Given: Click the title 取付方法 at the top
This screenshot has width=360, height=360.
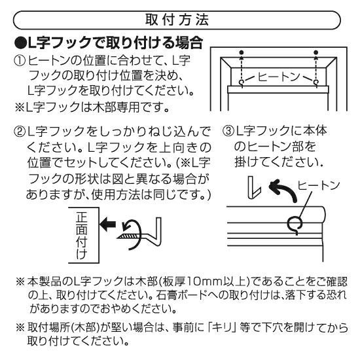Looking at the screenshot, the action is click(177, 20).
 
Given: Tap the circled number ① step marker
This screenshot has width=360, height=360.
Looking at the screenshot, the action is click(20, 61).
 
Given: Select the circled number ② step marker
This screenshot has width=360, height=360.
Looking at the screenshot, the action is click(20, 132).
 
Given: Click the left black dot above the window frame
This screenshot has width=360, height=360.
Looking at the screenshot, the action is click(241, 52).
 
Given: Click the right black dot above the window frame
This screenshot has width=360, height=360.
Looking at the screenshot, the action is click(316, 52).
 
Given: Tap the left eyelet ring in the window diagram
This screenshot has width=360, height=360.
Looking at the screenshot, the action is click(242, 82).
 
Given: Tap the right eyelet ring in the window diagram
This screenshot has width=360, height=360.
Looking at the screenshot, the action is click(316, 82).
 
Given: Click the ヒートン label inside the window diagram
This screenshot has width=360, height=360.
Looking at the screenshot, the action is click(279, 77).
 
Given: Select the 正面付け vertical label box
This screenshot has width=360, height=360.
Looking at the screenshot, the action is click(84, 235).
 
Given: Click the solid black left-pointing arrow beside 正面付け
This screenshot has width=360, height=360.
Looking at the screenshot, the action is click(108, 224).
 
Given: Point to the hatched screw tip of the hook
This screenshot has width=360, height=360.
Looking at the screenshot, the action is click(129, 236).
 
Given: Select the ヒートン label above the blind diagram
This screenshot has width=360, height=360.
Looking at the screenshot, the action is click(318, 185).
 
